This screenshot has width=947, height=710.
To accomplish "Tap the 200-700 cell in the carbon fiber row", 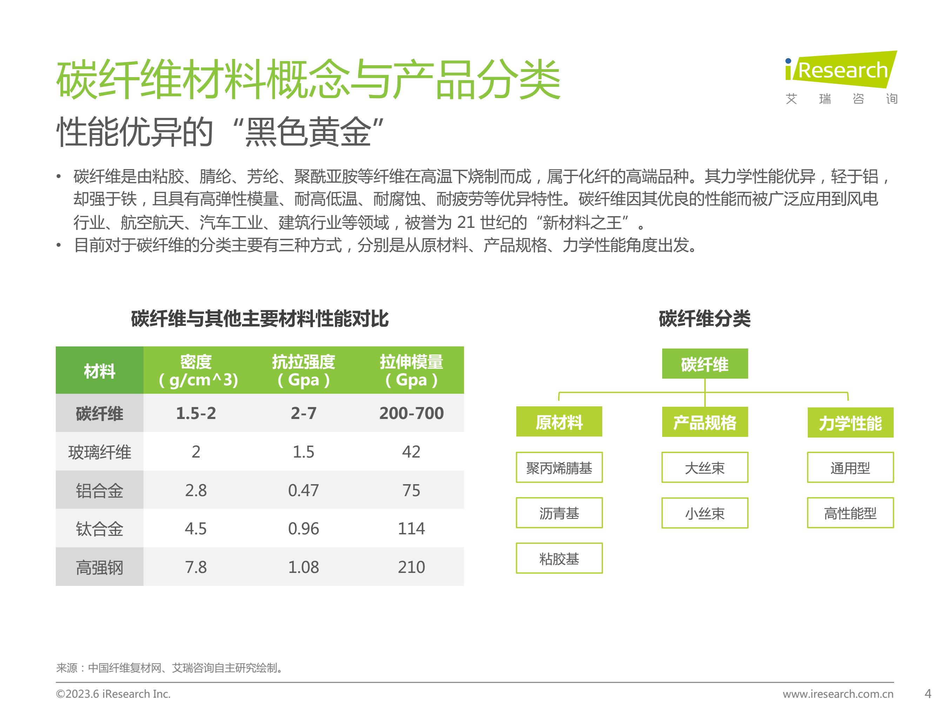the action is tap(411, 413).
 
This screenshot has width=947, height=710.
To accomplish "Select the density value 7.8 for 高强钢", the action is tap(196, 567).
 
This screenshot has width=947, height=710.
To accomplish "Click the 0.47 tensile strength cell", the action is tap(303, 490).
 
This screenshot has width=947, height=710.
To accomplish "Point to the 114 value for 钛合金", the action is tap(411, 528).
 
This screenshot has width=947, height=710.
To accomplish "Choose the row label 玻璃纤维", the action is tap(99, 452).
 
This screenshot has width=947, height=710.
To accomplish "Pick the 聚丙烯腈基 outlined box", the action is tap(559, 467).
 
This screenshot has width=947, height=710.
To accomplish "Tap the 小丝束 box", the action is tap(705, 513).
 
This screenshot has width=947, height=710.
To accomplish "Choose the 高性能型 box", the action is tap(850, 513).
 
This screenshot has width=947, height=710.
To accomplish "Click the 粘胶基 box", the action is tap(559, 558).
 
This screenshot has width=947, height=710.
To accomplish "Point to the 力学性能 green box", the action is tap(850, 422).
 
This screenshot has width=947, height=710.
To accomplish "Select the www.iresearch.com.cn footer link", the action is tap(838, 694).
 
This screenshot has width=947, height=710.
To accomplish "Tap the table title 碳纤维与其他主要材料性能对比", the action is tap(260, 318).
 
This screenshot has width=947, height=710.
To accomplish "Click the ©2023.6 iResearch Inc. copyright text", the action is tap(113, 694).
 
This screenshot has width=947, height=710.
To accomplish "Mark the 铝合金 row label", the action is tap(99, 491).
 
